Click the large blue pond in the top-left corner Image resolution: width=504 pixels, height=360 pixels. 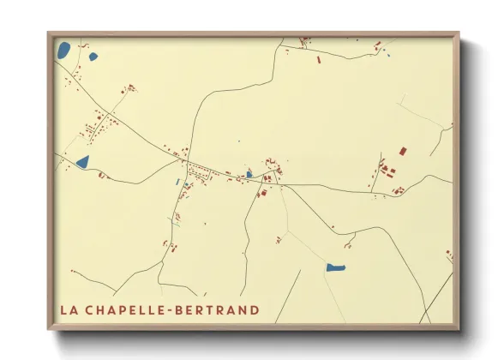[x=63, y=50]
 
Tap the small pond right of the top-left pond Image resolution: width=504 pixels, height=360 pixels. [x=93, y=57]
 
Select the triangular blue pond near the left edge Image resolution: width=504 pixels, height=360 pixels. [x=83, y=160]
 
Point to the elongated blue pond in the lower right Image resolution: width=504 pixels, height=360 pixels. [x=335, y=267]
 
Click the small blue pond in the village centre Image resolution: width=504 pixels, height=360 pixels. [x=249, y=174]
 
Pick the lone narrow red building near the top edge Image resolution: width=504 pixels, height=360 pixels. [x=318, y=61]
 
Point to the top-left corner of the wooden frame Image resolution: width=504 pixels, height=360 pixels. [x=49, y=34]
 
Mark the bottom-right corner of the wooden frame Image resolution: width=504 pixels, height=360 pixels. [x=459, y=327]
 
